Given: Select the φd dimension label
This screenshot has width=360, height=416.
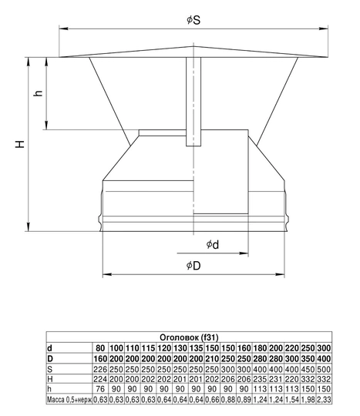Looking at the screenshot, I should (x=212, y=244).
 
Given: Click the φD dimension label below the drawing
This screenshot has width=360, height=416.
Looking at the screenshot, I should (x=193, y=266).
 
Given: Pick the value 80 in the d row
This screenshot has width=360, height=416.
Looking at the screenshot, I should (x=100, y=348).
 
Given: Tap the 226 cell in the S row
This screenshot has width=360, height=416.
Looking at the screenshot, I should (x=100, y=368).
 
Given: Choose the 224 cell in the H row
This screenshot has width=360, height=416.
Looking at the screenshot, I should (x=100, y=378).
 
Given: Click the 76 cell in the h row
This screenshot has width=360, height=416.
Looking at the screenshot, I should (x=100, y=388).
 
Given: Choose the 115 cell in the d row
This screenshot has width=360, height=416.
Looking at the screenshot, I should (x=149, y=348).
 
